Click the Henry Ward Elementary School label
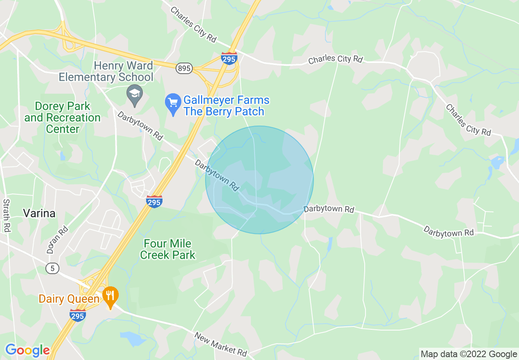tap(106, 71)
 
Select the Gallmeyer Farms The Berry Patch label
tap(226, 106)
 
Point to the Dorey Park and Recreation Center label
tap(62, 117)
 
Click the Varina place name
tap(39, 213)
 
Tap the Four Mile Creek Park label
tap(168, 250)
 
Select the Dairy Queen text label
tap(69, 299)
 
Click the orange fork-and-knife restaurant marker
tap(110, 296)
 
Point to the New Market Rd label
tap(221, 343)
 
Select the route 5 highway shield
tap(52, 269)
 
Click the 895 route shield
tap(184, 68)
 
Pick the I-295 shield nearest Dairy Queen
tap(77, 316)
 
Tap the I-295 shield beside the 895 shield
tap(229, 59)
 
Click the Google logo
tap(27, 351)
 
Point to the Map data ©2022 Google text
tap(469, 354)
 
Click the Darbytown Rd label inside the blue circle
tap(217, 175)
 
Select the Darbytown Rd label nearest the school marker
tap(140, 126)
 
